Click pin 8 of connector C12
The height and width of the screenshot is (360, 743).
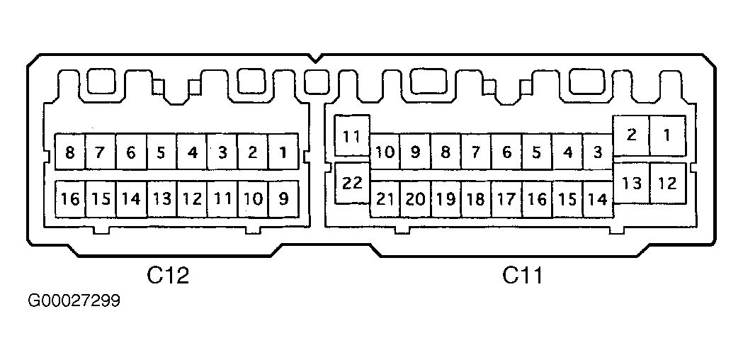click(70, 152)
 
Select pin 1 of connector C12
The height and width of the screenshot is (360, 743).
click(283, 152)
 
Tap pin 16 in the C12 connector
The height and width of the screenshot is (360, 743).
click(70, 198)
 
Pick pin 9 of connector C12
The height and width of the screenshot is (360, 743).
click(283, 198)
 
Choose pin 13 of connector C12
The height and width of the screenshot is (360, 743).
click(161, 198)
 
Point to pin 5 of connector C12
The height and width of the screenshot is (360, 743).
click(161, 152)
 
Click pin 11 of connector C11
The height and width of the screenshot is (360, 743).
click(352, 135)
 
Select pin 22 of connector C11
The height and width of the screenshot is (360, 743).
click(352, 183)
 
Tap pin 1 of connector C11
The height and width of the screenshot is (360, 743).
click(667, 135)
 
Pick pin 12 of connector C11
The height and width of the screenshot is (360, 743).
click(667, 183)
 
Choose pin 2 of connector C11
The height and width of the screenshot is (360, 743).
click(631, 135)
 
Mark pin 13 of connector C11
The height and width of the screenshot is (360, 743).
click(631, 183)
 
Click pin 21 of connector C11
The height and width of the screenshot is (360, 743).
click(385, 199)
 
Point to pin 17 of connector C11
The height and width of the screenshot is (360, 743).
click(506, 199)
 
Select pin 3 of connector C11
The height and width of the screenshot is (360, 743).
click(598, 152)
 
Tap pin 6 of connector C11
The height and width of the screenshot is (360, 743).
click(506, 152)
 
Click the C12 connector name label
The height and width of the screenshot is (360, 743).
click(168, 275)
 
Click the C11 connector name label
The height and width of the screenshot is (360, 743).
click(522, 275)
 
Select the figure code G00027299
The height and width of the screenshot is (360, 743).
click(74, 300)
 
